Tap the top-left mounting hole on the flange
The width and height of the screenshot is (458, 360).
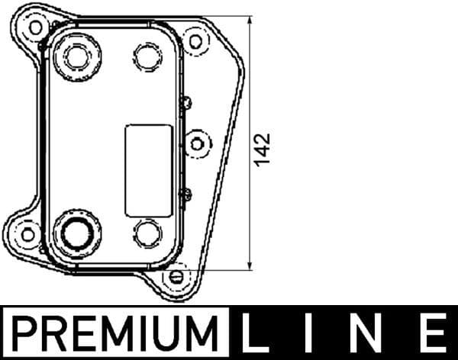pos(35,27)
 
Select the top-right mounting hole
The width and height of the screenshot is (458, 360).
pos(195,40)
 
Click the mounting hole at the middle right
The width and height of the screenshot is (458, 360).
pos(198,143)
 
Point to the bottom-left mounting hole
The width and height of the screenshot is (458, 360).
pos(27,233)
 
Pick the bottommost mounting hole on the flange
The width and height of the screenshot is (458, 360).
pos(176,275)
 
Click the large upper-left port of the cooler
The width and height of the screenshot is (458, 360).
pos(77,56)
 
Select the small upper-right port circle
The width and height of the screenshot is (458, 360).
pos(146,56)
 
